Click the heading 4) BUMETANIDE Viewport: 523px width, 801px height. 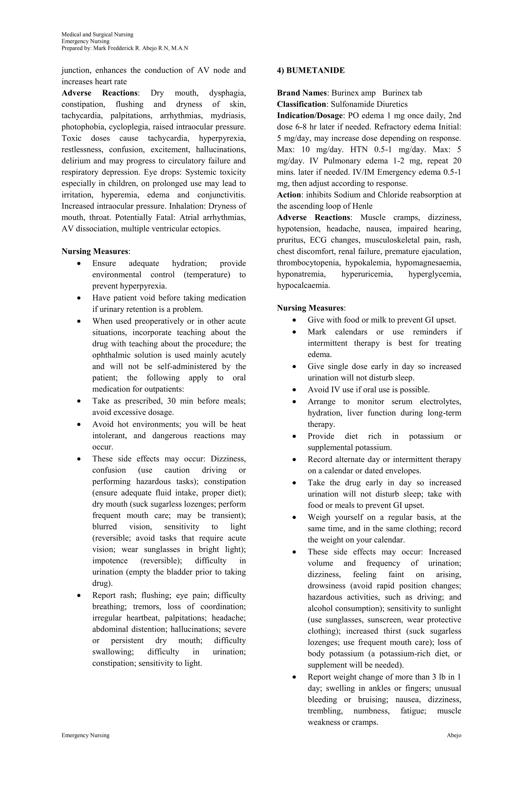(x=311, y=70)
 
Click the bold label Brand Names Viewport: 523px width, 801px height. (x=301, y=93)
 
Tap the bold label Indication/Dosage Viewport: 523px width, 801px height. (x=309, y=115)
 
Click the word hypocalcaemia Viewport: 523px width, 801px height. (x=303, y=285)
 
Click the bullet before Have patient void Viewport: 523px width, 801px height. (x=79, y=298)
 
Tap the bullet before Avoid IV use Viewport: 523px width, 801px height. (x=294, y=390)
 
